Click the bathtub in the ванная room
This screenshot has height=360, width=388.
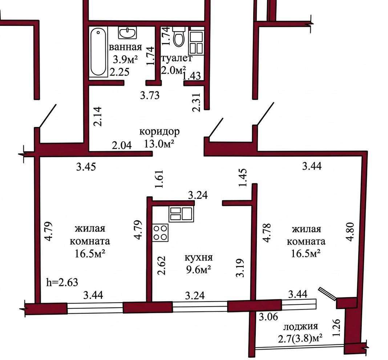click(98, 52)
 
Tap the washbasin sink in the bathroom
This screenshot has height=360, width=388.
click(127, 33)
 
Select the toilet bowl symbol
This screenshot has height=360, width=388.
click(179, 37)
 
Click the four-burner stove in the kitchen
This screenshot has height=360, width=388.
click(160, 233)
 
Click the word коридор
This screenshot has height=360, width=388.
click(159, 132)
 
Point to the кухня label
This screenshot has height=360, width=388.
click(199, 258)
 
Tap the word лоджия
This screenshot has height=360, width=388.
click(300, 327)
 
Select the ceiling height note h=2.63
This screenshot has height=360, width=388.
click(62, 282)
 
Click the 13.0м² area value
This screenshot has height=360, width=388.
click(159, 143)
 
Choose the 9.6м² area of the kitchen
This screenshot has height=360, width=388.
click(198, 269)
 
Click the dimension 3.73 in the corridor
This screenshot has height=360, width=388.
click(150, 95)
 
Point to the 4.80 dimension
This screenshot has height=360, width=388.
click(351, 232)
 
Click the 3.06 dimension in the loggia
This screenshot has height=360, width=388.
click(268, 316)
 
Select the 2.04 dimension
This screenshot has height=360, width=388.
click(122, 145)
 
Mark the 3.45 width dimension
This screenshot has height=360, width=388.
click(86, 167)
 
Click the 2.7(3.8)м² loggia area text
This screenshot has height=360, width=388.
click(300, 338)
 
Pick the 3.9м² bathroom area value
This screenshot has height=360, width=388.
click(125, 60)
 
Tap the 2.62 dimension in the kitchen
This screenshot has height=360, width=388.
click(161, 266)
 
